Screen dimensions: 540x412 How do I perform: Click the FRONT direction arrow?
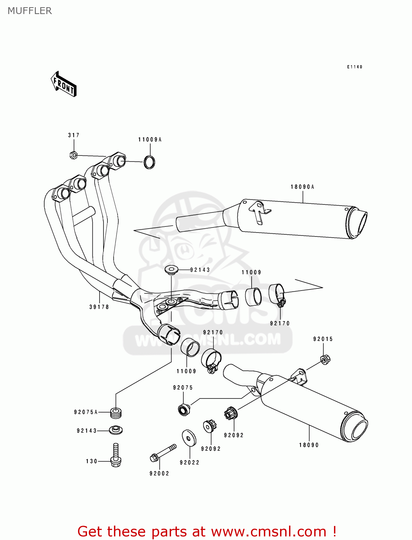64,84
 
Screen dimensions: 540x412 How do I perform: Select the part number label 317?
74,135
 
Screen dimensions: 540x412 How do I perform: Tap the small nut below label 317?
73,156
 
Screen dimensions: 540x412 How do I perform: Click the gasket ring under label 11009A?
150,162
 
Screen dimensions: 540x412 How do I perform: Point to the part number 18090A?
302,187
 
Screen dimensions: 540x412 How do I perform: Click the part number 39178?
99,307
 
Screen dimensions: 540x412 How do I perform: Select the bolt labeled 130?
116,456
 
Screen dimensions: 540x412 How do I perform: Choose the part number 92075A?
86,412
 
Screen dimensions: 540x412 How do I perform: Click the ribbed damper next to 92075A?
115,413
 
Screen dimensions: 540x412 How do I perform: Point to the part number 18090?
309,445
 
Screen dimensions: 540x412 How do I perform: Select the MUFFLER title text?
30,11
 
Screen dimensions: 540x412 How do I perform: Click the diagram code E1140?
354,67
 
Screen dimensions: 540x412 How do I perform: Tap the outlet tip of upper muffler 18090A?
357,223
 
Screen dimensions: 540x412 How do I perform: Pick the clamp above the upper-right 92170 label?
277,294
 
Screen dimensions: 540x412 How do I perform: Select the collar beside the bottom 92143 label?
115,430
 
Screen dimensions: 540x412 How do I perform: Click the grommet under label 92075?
184,410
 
